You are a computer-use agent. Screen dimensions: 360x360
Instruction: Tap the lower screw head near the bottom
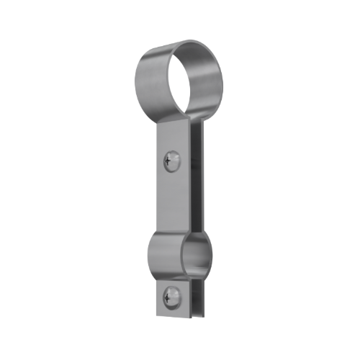(x=171, y=294)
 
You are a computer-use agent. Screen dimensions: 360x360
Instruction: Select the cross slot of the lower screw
(x=171, y=294)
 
